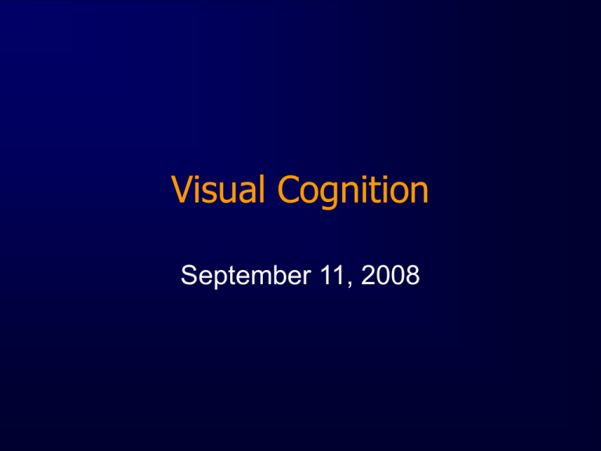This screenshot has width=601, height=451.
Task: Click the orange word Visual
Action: pyautogui.click(x=218, y=189)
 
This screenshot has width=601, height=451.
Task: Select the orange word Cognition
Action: pyautogui.click(x=353, y=192)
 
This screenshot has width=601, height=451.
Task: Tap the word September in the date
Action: pyautogui.click(x=246, y=276)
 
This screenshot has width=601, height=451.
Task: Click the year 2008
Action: pyautogui.click(x=390, y=275)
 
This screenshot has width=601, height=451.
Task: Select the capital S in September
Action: pyautogui.click(x=189, y=275)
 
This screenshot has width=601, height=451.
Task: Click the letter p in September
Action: pyautogui.click(x=222, y=279)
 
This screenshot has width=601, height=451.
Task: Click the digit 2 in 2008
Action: pyautogui.click(x=368, y=275)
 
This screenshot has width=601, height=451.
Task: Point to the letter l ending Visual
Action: pyautogui.click(x=262, y=189)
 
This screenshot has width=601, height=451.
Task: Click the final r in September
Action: pyautogui.click(x=307, y=277)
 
